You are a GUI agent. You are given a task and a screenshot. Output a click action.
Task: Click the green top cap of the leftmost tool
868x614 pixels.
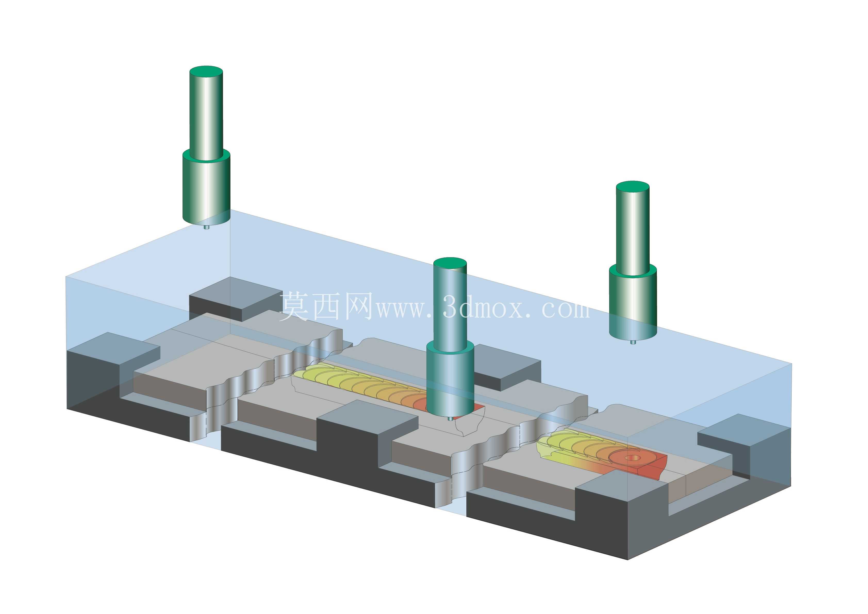(x=206, y=72)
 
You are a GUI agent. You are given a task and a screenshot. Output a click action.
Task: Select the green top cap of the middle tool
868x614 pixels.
(x=450, y=264)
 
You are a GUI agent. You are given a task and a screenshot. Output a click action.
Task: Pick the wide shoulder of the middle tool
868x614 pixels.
(x=450, y=378)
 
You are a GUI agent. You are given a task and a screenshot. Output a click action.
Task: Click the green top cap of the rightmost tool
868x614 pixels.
(x=632, y=187)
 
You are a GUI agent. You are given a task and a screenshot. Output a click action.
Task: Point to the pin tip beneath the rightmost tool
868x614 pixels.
(x=633, y=342)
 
